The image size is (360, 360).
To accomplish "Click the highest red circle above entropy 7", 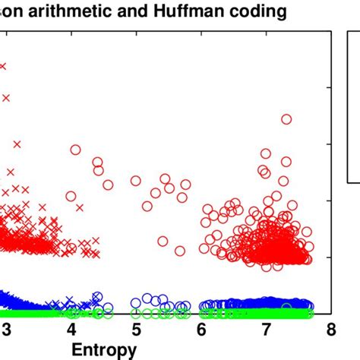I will (286, 119).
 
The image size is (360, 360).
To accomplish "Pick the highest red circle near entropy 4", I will (75, 150).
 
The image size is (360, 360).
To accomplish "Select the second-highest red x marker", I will (8, 97).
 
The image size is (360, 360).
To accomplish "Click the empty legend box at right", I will (353, 106).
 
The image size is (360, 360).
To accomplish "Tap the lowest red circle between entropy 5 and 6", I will (180, 251).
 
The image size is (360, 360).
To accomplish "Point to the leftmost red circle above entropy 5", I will (136, 181).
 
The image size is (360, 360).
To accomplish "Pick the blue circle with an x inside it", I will (96, 297).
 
